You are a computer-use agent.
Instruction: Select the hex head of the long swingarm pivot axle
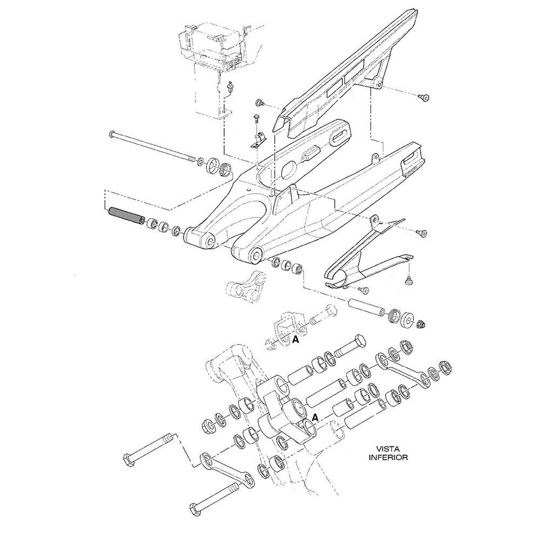(112, 133)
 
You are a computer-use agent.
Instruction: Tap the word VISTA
(388, 448)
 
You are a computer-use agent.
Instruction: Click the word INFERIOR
(388, 457)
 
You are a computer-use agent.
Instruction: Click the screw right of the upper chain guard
(424, 97)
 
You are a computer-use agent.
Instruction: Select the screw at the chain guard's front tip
(259, 103)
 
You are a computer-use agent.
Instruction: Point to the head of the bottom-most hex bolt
(195, 509)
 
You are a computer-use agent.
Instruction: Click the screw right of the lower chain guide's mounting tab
(423, 232)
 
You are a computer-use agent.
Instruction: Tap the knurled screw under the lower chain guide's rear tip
(409, 280)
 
